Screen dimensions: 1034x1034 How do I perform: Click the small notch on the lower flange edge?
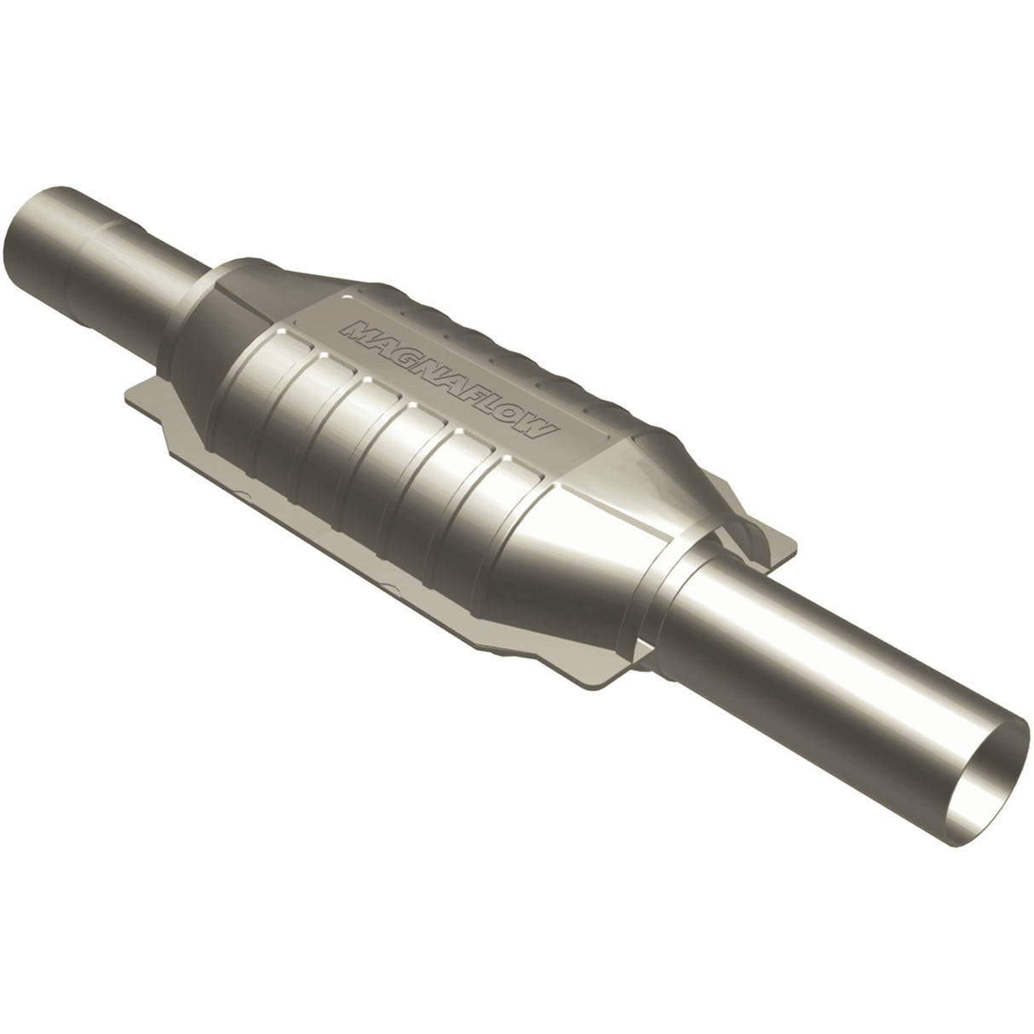coord(392,588)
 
